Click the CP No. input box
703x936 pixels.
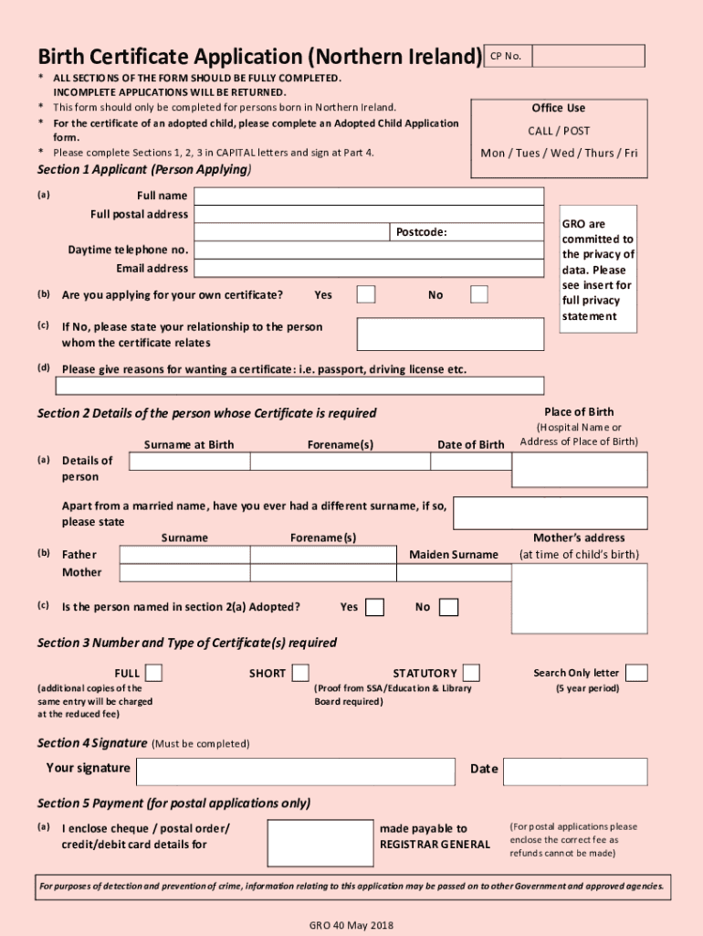point(588,57)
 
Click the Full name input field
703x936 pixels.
point(368,197)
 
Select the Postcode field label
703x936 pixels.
point(421,232)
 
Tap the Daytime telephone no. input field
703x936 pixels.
point(368,250)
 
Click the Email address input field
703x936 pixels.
point(368,269)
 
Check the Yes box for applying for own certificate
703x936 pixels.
point(365,294)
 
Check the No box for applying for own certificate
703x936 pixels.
point(479,294)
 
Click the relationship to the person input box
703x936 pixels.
point(450,335)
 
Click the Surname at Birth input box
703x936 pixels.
point(189,462)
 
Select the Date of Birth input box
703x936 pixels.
point(469,462)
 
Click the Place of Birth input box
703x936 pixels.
point(579,470)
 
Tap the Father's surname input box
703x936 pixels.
point(184,555)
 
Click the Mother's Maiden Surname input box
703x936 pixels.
point(453,573)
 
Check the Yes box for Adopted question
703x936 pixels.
point(374,608)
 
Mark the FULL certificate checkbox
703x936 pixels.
point(154,674)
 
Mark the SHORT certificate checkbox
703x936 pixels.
point(299,674)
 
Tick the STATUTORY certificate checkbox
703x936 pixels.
point(471,674)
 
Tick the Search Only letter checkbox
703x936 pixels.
point(636,674)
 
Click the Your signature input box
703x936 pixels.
point(295,771)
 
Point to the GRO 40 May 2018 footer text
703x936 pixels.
point(351,925)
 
